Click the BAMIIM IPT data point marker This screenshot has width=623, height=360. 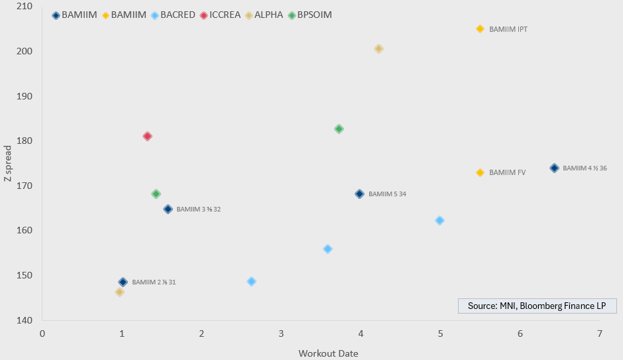(480, 29)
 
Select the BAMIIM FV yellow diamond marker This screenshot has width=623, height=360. (480, 172)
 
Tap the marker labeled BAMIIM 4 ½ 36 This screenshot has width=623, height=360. (554, 168)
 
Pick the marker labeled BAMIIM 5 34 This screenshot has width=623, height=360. (359, 194)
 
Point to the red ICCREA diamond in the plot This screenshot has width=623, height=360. (147, 136)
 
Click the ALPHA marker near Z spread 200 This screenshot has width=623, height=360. (378, 48)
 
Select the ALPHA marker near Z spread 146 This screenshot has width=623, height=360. (119, 292)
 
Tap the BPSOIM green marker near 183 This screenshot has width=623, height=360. (339, 129)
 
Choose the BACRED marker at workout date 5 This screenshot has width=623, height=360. (439, 220)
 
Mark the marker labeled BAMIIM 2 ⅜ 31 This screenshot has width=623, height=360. (123, 282)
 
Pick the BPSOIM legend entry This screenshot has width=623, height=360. (310, 15)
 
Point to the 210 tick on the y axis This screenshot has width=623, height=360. (24, 7)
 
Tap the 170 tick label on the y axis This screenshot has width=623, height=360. (24, 186)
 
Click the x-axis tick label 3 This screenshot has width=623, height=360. (281, 333)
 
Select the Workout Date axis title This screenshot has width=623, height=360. (328, 353)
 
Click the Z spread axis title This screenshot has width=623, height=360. (9, 163)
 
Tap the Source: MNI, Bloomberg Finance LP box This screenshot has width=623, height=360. (537, 306)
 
